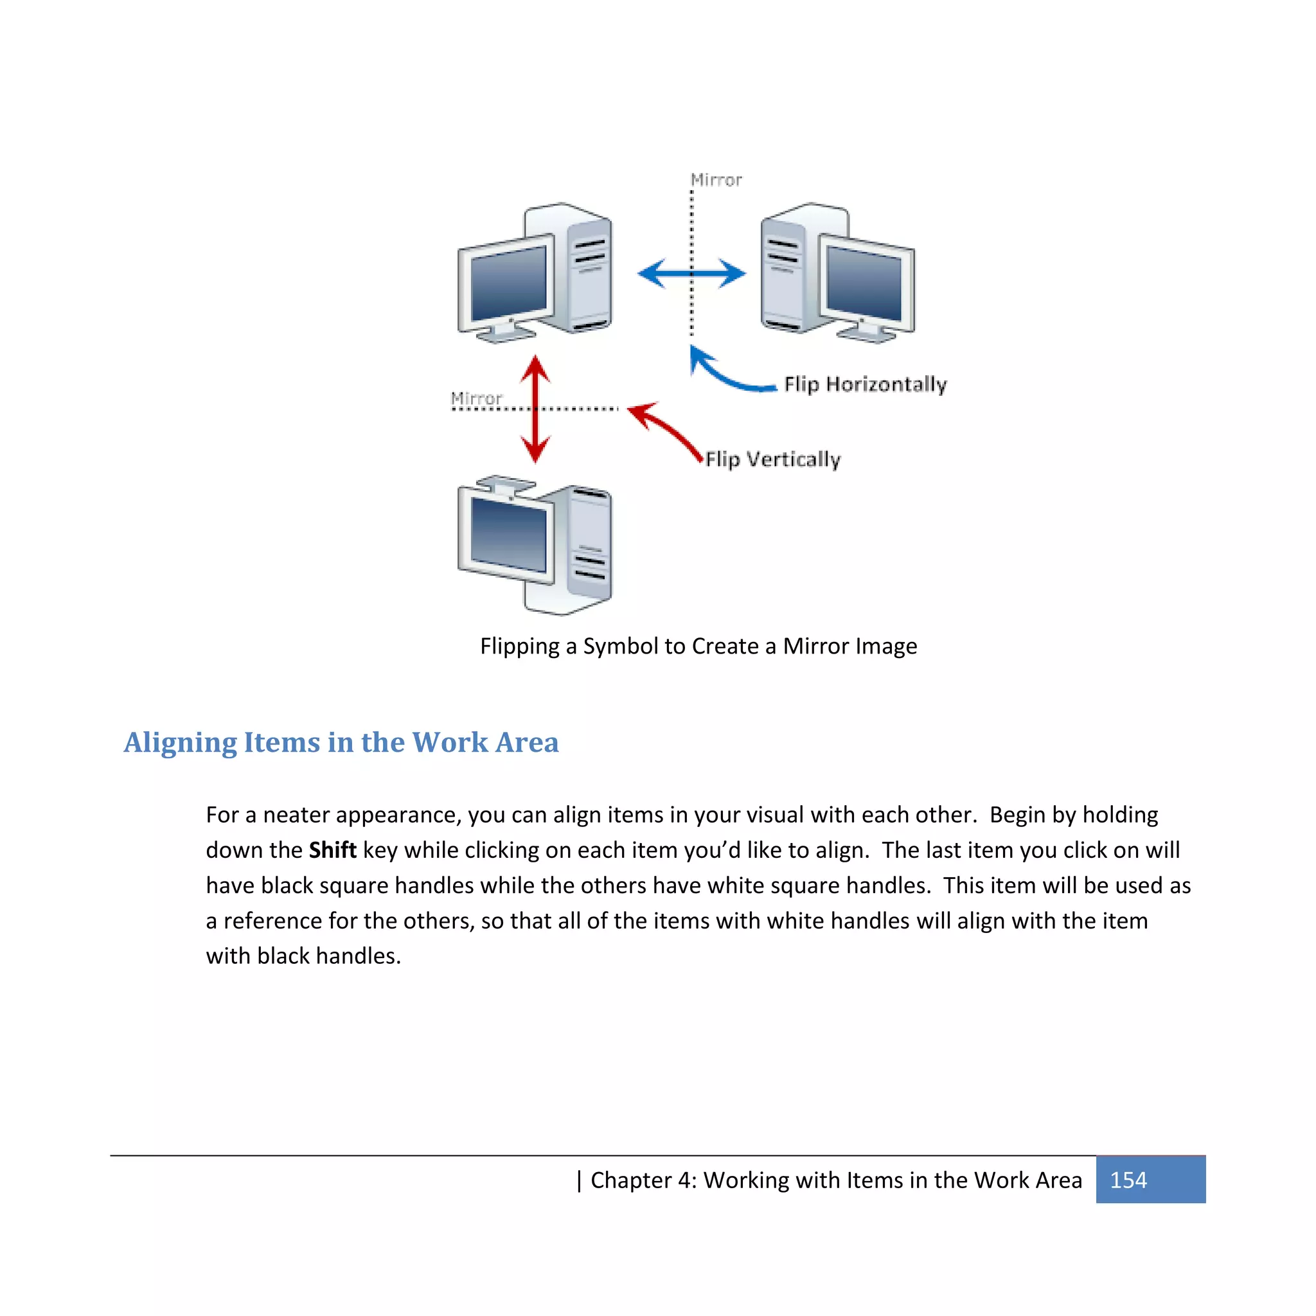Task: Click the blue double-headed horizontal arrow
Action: (x=691, y=274)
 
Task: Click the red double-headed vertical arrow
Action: (x=535, y=409)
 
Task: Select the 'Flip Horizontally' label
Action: (x=865, y=384)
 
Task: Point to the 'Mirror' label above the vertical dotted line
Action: (x=716, y=180)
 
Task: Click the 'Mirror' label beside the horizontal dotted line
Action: (x=476, y=398)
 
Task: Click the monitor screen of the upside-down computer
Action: (x=508, y=534)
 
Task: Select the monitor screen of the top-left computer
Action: (x=508, y=283)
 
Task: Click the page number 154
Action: (x=1128, y=1180)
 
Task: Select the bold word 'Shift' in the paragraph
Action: (x=332, y=850)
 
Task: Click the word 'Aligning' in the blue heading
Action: (x=181, y=742)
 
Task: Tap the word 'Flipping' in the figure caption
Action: (x=519, y=646)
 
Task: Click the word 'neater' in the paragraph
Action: (x=296, y=815)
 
